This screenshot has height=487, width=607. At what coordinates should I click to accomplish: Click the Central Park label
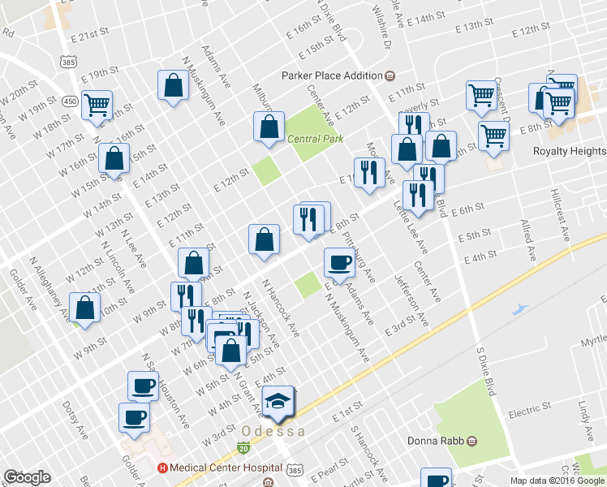316,139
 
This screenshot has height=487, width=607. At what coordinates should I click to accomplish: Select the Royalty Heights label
569,151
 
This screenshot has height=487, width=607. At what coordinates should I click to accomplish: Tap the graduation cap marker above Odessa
278,403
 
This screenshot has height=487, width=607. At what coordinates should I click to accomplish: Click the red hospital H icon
162,468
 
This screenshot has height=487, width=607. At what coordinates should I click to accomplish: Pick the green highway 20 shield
243,447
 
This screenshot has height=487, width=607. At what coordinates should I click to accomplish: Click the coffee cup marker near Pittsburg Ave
339,261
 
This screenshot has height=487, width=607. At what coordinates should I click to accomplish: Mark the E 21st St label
89,37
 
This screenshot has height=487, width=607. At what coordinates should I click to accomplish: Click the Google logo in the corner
27,477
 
